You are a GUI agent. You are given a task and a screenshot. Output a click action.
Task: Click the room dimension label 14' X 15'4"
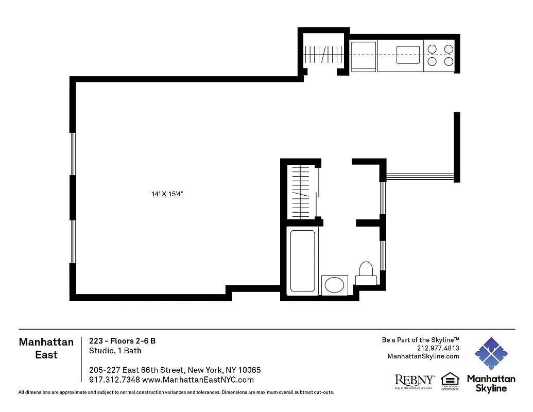pyautogui.click(x=168, y=194)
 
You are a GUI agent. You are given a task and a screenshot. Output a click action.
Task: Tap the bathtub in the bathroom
pyautogui.click(x=302, y=261)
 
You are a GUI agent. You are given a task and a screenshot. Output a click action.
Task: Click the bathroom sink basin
pyautogui.click(x=335, y=285)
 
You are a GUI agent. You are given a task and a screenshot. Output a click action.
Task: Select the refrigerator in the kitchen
pyautogui.click(x=364, y=56)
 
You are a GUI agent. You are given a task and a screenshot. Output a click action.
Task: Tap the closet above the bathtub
pyautogui.click(x=301, y=192)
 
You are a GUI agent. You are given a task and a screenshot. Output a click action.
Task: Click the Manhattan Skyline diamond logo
pyautogui.click(x=491, y=354)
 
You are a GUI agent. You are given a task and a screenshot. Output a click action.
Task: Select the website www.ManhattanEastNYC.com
pyautogui.click(x=198, y=380)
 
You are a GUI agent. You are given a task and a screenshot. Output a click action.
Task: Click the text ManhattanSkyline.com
pyautogui.click(x=423, y=356)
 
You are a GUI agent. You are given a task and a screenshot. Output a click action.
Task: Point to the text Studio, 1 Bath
pyautogui.click(x=115, y=351)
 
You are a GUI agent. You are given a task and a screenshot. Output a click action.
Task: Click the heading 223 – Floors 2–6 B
pyautogui.click(x=122, y=340)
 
